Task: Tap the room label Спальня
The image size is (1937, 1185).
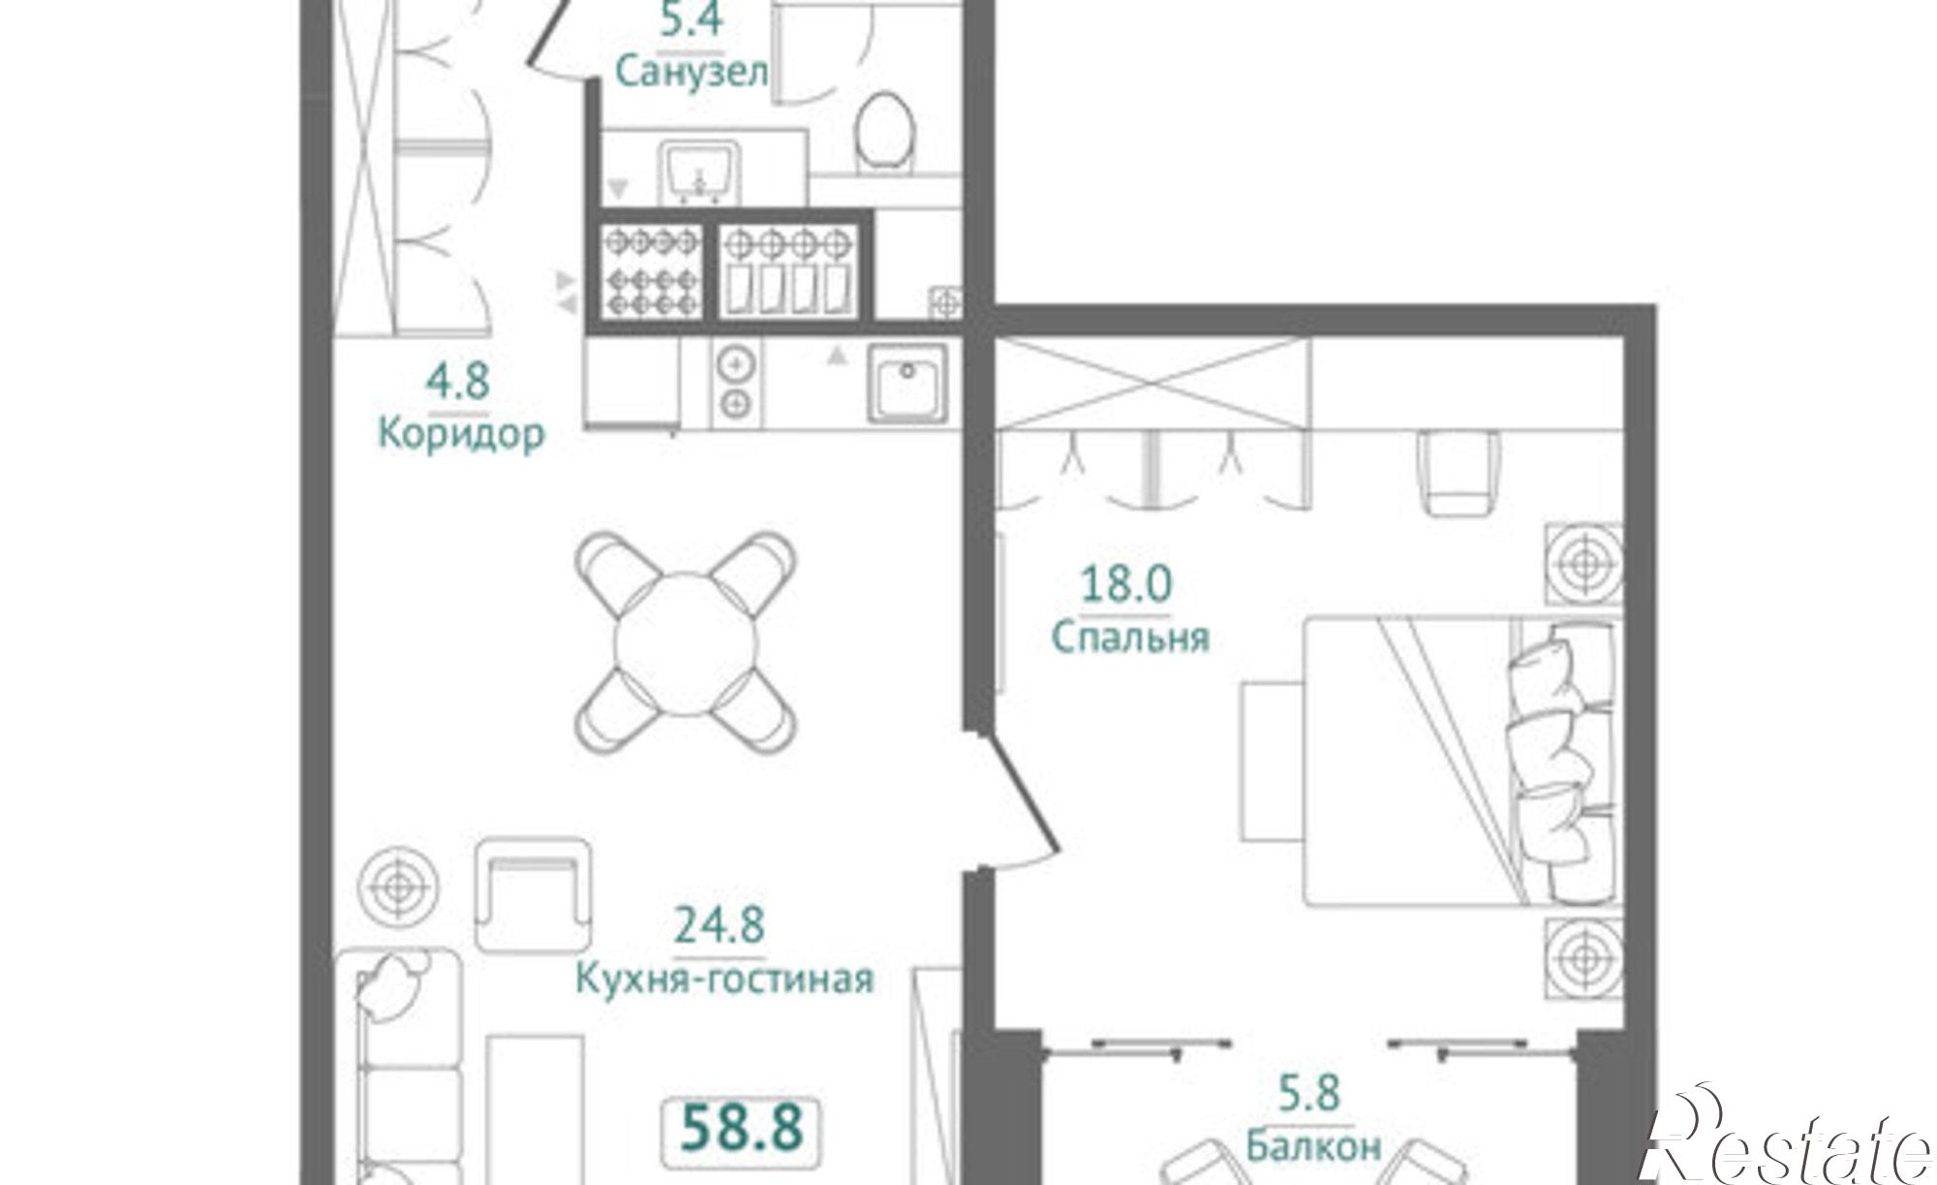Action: point(1130,638)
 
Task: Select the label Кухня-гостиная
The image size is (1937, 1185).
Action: point(724,978)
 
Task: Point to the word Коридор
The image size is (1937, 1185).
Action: point(461,435)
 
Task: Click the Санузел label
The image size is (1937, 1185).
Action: point(692,72)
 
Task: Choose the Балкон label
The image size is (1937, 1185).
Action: point(1313,1147)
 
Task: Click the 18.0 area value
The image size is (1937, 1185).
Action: point(1126,584)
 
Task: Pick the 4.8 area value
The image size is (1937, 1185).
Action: point(458,381)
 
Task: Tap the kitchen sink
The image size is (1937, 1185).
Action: point(907,383)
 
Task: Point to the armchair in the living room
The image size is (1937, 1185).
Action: point(533,895)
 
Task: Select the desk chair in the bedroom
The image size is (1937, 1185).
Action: point(1460,473)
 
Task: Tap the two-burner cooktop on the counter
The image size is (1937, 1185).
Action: point(737,383)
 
